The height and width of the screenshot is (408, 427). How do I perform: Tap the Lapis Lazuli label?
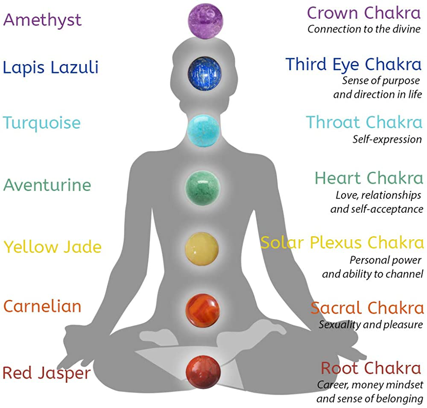point(51,67)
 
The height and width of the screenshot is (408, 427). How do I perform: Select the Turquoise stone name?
point(42,123)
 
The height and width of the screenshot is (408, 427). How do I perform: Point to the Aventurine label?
point(47,185)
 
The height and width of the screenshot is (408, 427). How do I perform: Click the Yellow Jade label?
point(53,247)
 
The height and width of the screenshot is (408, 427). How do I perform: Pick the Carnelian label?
point(42,306)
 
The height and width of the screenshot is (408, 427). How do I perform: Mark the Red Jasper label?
point(47,373)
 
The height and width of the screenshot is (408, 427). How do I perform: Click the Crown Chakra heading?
point(364,13)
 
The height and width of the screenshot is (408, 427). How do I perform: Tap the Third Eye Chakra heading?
point(354,65)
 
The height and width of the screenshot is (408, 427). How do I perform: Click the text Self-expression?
point(387,139)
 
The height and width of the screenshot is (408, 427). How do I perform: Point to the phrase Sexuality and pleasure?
point(371,324)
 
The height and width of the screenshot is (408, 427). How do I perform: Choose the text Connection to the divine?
point(364,29)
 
